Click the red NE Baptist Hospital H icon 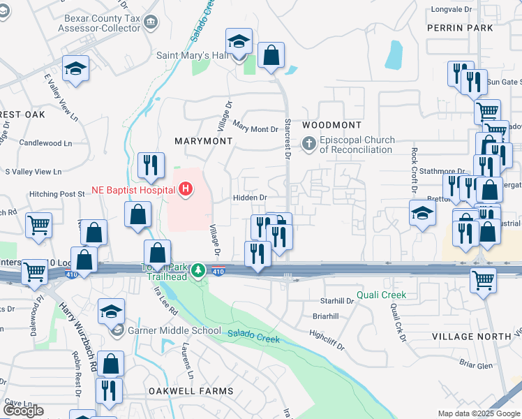(x=186, y=189)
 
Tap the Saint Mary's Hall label (x=182, y=55)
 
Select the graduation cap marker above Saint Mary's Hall (x=239, y=42)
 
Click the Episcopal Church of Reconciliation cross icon (x=308, y=145)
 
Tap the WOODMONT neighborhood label (x=332, y=125)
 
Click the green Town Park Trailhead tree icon (x=199, y=270)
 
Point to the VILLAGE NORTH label (x=471, y=337)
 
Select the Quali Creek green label (x=381, y=295)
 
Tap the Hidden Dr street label (x=250, y=198)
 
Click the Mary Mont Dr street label (x=255, y=128)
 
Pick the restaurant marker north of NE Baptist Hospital (x=151, y=166)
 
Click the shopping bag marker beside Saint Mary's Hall (x=271, y=54)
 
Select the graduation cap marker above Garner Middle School (x=111, y=311)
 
